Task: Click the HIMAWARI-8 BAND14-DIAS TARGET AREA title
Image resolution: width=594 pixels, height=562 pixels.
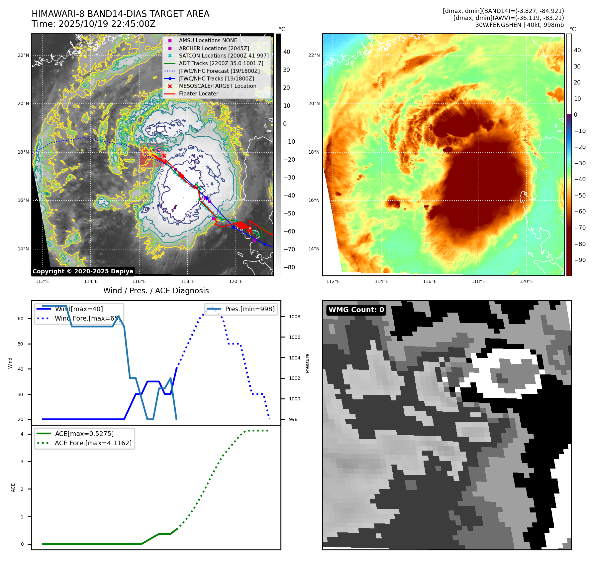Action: (120, 14)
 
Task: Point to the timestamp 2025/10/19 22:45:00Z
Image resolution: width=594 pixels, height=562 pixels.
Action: (93, 24)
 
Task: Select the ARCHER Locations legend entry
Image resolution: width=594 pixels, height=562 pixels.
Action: (214, 48)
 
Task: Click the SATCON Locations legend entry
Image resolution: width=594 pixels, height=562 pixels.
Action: (224, 56)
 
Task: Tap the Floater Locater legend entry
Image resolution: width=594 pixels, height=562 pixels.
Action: (198, 94)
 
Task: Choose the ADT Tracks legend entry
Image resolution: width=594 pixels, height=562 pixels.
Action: (221, 63)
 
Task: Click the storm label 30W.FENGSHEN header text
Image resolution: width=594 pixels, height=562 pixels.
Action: (519, 25)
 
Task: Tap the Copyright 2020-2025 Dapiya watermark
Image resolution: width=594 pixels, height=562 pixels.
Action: (83, 271)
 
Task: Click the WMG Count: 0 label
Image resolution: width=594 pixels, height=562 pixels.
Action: (356, 310)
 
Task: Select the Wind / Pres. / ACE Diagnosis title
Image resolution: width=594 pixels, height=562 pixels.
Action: (156, 291)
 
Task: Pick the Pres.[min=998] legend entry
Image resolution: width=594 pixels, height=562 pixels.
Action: (249, 309)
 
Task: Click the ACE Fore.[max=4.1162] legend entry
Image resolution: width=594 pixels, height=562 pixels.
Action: (93, 443)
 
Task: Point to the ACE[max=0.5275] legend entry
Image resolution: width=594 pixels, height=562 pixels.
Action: (84, 434)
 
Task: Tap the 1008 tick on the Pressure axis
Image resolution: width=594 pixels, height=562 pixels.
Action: (294, 317)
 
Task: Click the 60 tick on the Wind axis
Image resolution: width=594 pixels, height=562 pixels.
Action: (21, 319)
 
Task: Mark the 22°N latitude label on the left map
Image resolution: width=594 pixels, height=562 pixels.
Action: (23, 55)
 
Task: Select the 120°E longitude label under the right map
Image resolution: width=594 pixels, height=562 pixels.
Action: (526, 281)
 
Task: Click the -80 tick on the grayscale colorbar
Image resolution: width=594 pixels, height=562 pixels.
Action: (289, 267)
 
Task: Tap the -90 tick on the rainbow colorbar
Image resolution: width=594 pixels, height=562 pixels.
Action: (580, 260)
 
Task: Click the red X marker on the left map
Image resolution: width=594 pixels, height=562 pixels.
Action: (164, 156)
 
